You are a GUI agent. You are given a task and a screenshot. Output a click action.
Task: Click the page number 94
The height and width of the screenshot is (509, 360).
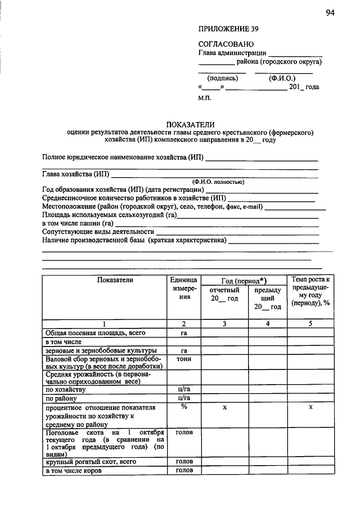coord(330,14)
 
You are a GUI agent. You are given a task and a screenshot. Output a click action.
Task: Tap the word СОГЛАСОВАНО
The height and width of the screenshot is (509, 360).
coord(226,44)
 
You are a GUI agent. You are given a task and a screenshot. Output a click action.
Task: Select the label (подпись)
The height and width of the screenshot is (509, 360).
coord(223,78)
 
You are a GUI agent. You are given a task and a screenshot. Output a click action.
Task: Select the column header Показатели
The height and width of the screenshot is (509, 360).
coord(115,280)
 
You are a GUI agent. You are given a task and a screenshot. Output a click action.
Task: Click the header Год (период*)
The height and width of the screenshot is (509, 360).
coord(243,280)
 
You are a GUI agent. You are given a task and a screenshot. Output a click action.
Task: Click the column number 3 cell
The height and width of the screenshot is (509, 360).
coord(224,323)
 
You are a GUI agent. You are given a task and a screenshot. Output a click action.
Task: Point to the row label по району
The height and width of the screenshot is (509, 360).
coord(61,398)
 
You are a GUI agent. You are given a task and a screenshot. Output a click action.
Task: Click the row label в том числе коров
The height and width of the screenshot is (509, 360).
coord(74,471)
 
